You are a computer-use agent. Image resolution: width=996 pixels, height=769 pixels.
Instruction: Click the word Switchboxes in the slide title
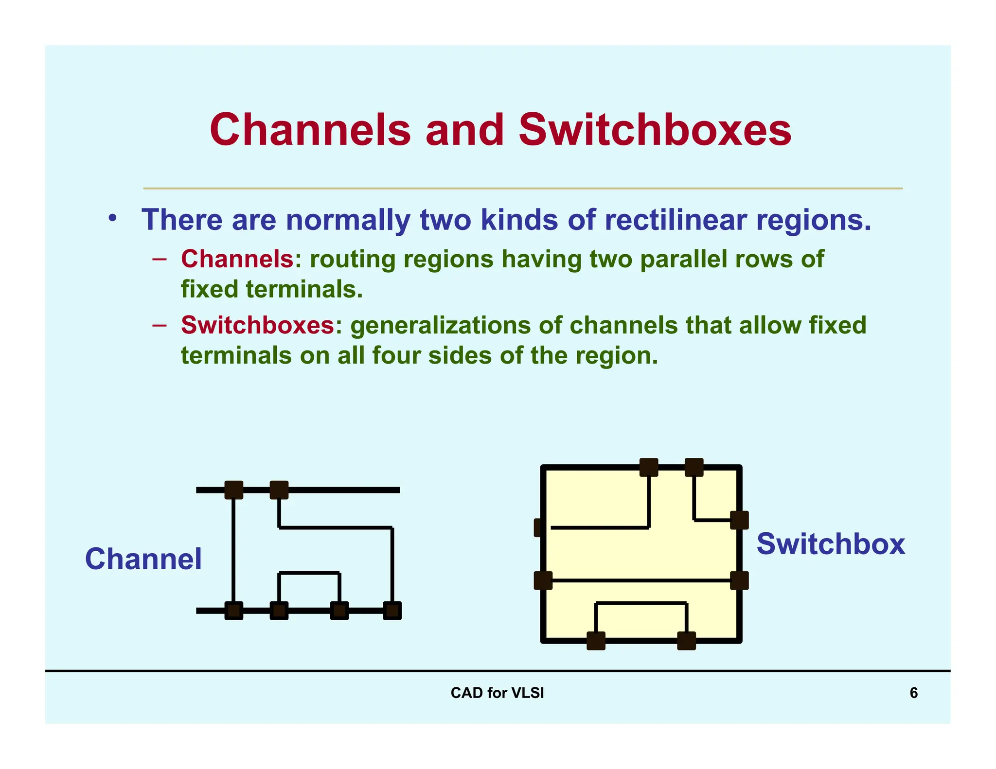coord(655,130)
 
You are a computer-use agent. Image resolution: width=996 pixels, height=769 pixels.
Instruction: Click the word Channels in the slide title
coord(310,130)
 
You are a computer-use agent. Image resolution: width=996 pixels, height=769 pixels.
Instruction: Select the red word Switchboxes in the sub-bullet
coord(258,325)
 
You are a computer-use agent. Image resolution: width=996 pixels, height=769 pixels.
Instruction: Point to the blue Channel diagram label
coord(143,559)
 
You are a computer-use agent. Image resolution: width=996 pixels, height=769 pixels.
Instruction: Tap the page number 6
coord(913,693)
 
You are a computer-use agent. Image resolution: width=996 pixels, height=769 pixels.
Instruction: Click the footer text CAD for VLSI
coord(497,693)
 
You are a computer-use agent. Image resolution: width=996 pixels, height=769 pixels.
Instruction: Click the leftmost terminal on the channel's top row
coord(234,490)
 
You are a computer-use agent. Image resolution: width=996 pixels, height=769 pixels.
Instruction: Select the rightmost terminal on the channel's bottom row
coord(392,611)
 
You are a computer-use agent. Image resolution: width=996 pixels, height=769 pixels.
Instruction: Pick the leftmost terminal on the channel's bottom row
coord(234,611)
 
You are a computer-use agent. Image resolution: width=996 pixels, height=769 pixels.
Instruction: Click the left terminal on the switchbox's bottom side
coord(596,641)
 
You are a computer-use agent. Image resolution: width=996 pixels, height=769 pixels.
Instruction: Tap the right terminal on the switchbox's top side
coord(694,467)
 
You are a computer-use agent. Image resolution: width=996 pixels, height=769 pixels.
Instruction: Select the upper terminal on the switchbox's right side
coord(739,520)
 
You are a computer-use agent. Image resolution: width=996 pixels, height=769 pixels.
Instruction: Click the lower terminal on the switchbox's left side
coord(543,580)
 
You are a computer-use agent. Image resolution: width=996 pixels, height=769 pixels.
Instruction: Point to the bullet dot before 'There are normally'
coord(113,218)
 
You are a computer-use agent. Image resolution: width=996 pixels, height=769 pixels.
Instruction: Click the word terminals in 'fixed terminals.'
coord(304,289)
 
